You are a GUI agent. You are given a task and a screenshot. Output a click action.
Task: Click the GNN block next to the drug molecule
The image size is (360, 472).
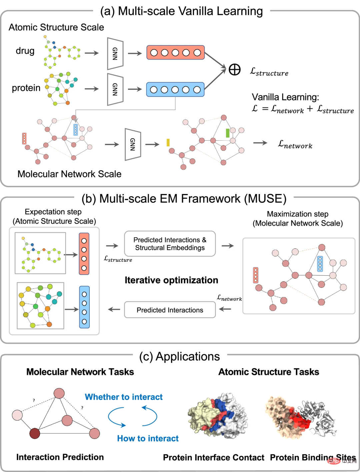click(x=115, y=53)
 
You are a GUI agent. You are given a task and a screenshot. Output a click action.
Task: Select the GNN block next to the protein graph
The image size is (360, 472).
click(x=115, y=89)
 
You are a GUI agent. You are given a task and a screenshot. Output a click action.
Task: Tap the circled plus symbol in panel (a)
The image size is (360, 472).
click(x=235, y=70)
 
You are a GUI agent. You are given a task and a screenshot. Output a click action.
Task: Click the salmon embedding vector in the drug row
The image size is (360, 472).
click(x=175, y=53)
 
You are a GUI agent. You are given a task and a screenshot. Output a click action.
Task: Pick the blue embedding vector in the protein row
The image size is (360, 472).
click(x=175, y=89)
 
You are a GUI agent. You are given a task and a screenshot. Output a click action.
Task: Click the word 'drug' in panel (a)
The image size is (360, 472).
click(x=25, y=51)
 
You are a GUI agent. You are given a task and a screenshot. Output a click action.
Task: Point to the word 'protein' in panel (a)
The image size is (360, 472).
click(x=26, y=88)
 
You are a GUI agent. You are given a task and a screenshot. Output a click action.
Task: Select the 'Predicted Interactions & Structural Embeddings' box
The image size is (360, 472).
click(x=170, y=244)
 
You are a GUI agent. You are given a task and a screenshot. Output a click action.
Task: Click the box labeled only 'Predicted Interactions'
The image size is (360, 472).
click(x=170, y=310)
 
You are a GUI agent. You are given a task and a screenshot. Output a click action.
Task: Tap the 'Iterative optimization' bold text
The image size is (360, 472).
click(x=171, y=280)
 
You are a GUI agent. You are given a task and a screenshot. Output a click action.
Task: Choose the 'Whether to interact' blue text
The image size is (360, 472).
click(x=124, y=397)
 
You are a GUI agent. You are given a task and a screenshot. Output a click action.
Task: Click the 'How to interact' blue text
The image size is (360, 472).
click(x=148, y=438)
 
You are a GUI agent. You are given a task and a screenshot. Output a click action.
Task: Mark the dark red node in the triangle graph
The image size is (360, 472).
click(x=35, y=434)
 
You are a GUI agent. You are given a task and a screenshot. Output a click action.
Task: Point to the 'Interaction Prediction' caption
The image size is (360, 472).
click(x=60, y=457)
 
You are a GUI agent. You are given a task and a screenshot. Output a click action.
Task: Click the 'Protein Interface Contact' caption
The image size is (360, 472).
click(x=213, y=457)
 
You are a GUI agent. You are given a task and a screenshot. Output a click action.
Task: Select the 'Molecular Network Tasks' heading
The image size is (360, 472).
click(x=80, y=372)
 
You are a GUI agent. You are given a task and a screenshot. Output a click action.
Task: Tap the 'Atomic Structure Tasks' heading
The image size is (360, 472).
click(x=269, y=372)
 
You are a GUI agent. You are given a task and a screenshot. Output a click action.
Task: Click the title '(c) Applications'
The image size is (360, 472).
click(x=180, y=356)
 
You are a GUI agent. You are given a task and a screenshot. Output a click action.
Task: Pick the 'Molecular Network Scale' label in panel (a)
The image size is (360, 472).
click(x=69, y=174)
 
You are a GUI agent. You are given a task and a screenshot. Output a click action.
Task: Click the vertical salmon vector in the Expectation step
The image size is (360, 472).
click(x=84, y=254)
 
